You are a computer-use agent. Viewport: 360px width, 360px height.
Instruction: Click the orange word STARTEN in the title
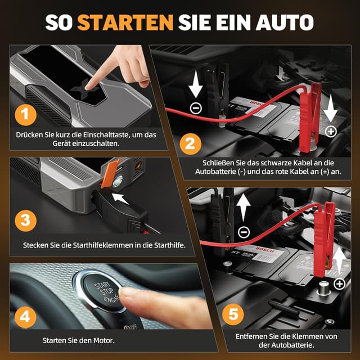point(125,22)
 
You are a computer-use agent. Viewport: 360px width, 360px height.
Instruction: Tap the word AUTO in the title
point(285,22)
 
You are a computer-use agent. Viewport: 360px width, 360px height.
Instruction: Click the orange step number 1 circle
point(25,115)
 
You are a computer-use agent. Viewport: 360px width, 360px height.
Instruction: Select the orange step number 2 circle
point(190,144)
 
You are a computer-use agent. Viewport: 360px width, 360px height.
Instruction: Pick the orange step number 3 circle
point(25,220)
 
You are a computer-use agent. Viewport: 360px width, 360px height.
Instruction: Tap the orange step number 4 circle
point(25,317)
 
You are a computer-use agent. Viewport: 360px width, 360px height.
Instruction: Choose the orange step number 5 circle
point(233,315)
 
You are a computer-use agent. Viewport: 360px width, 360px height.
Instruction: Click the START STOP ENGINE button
point(103,291)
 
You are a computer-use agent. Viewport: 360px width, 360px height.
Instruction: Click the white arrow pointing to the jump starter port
point(120,199)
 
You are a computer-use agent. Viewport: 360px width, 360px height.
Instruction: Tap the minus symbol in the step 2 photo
point(196,109)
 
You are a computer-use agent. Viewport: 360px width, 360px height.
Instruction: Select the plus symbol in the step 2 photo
point(331,131)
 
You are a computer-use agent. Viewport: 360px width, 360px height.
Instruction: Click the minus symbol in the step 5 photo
point(244,232)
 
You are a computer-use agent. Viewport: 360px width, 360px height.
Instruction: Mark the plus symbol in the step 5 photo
point(340,284)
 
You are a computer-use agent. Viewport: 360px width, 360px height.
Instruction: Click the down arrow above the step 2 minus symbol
point(196,84)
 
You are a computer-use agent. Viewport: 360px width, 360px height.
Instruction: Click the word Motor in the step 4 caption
point(103,340)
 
